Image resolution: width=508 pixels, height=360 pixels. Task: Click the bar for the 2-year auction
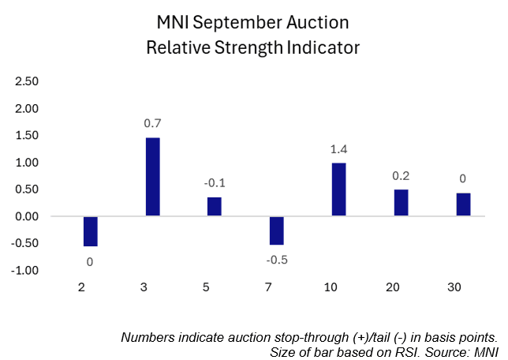pos(91,231)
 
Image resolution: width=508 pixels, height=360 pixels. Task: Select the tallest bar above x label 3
pos(152,177)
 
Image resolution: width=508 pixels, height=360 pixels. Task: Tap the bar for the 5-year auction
pos(215,207)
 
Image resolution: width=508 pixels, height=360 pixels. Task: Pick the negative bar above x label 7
pos(276,231)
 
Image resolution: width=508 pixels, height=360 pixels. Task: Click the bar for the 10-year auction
pos(338,189)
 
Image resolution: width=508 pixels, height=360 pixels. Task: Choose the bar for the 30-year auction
pos(463,204)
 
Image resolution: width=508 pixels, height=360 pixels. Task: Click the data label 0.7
pos(152,124)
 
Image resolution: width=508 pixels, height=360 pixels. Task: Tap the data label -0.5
pos(276,259)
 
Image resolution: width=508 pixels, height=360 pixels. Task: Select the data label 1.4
pos(338,149)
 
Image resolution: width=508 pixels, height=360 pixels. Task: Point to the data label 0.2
pos(401,176)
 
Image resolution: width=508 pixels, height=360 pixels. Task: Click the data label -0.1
pos(215,183)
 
